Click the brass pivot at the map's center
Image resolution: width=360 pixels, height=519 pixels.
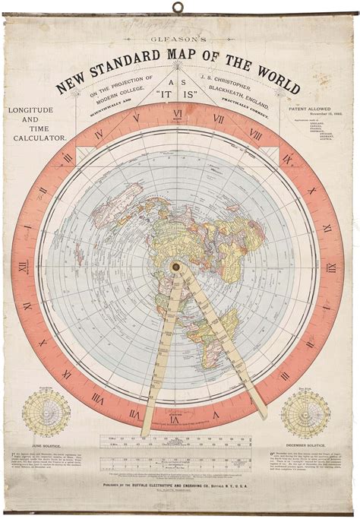[177, 267]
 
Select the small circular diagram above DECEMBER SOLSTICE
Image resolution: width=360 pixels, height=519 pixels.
[305, 413]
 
